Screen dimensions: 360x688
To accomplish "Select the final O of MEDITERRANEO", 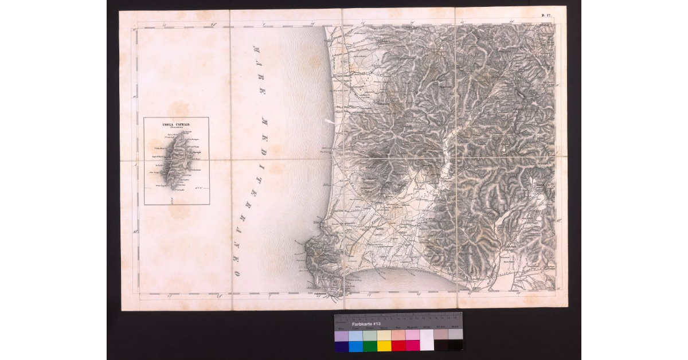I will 236,271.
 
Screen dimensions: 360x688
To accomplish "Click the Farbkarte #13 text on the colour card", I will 357,324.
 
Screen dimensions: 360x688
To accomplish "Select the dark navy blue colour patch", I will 341,346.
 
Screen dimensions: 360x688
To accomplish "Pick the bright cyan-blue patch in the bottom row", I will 355,346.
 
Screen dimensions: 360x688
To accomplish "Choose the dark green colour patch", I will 370,346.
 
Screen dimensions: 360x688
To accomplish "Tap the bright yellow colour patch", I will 384,346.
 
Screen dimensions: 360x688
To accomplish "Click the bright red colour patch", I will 398,346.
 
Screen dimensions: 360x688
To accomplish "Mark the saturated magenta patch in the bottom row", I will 413,346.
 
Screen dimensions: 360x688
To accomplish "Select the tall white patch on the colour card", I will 427,340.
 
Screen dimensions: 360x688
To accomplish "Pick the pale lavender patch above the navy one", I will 341,335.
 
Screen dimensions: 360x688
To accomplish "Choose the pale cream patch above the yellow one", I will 384,335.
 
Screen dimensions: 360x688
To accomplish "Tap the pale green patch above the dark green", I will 370,335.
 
